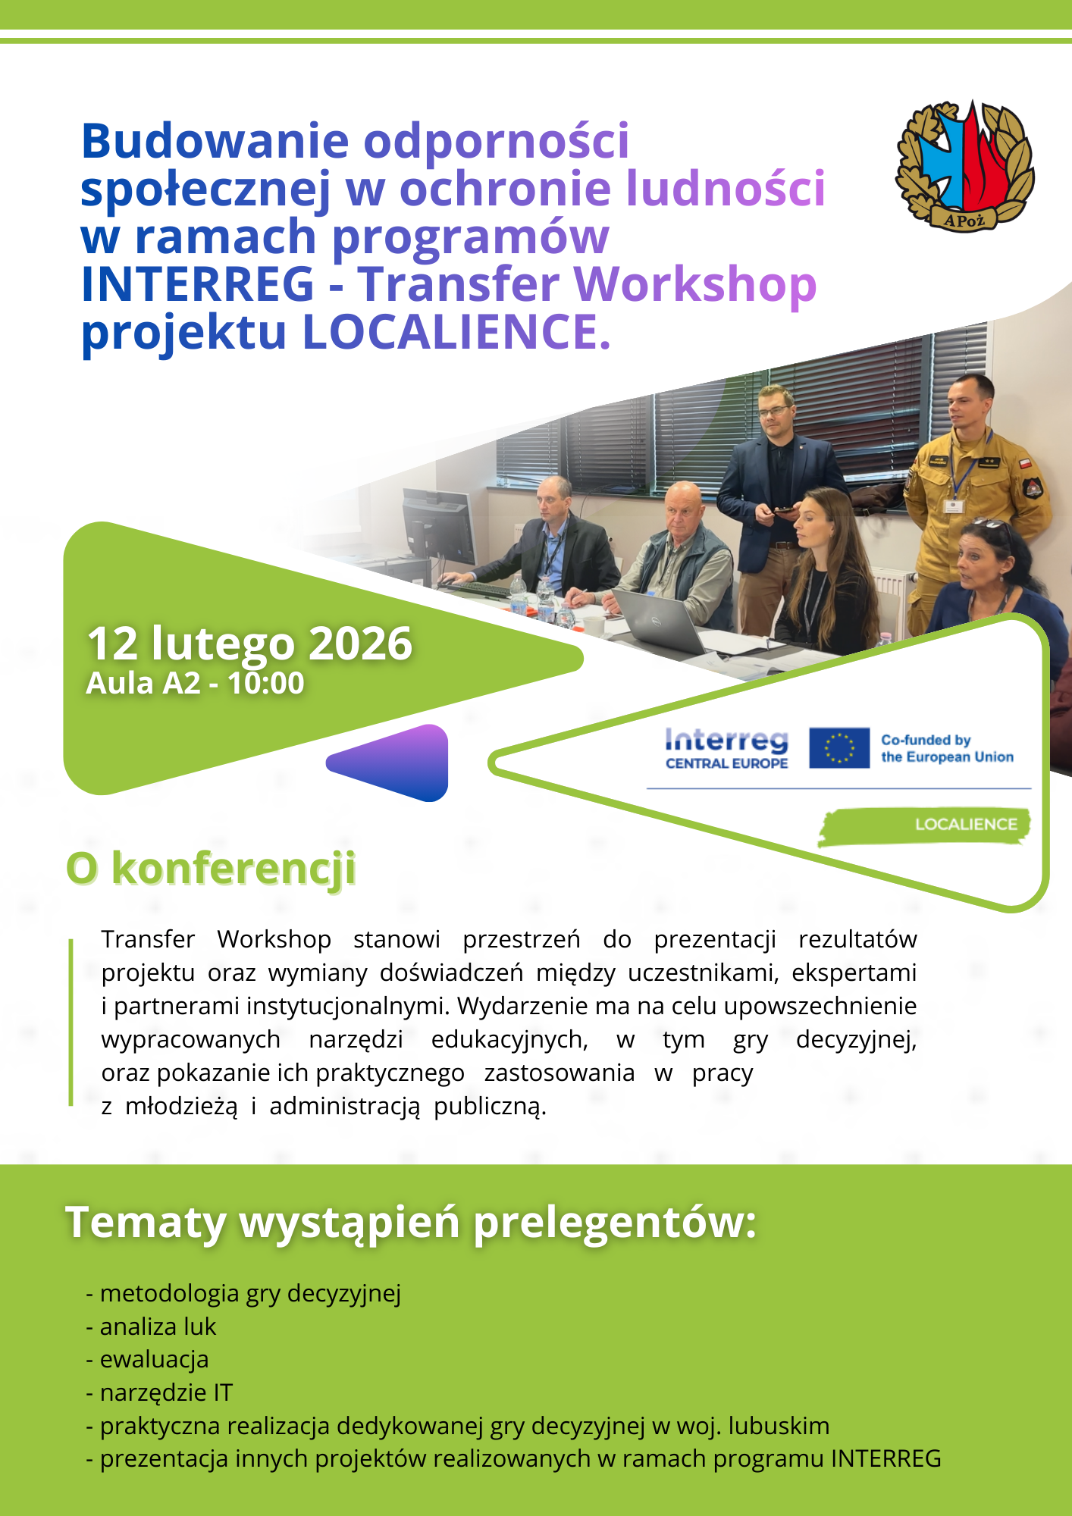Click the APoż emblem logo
point(964,166)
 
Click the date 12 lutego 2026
point(249,644)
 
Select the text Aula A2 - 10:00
point(195,683)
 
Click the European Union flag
point(838,747)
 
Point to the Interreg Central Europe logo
point(726,748)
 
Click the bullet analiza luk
point(158,1326)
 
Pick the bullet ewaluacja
point(154,1359)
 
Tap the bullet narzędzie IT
point(166,1392)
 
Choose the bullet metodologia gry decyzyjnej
point(250,1292)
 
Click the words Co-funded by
point(925,740)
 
